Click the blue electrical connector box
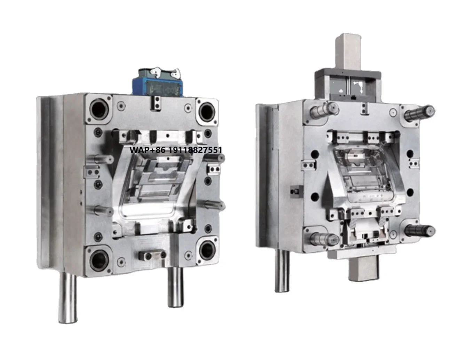point(157,83)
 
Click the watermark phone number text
point(175,150)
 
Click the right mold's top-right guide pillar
point(419,112)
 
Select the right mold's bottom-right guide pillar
point(420,230)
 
